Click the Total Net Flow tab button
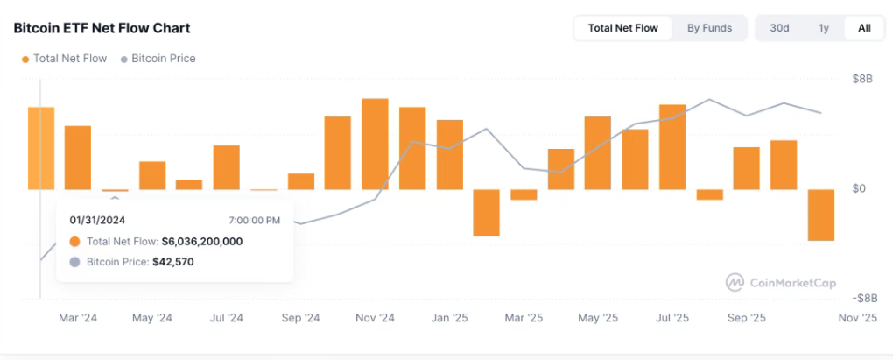point(622,28)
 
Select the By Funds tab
point(709,28)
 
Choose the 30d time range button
point(779,28)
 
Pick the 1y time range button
point(823,28)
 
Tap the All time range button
point(864,28)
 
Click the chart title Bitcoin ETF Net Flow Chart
point(102,28)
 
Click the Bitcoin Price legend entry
point(163,59)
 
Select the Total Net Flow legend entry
point(69,59)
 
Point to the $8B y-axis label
point(862,80)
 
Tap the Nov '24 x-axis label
point(376,318)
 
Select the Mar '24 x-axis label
point(78,318)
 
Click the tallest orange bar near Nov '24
point(375,144)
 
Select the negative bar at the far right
point(820,215)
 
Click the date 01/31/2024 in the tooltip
point(97,220)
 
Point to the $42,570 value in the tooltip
point(172,262)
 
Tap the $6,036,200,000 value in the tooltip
point(201,241)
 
